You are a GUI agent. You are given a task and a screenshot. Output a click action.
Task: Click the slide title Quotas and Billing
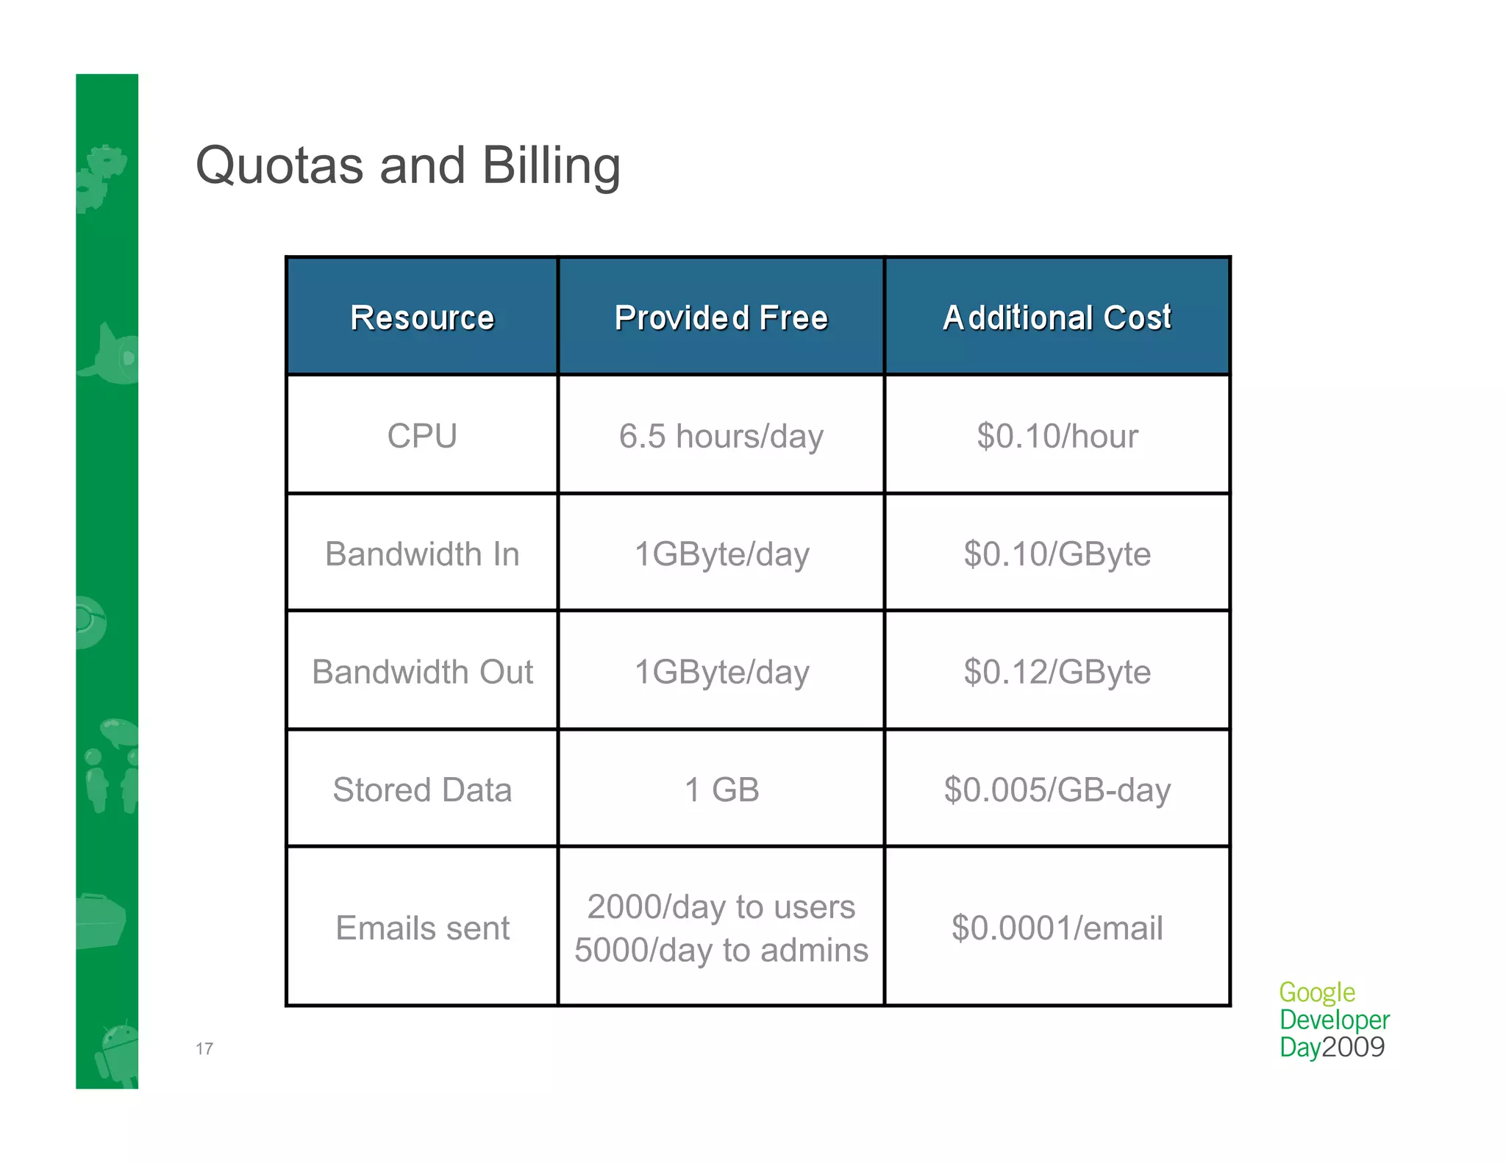(408, 165)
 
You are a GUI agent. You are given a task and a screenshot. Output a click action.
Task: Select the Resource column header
(422, 318)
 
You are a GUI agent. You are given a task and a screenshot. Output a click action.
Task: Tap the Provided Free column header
(721, 318)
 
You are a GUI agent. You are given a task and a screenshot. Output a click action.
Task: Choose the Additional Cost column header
(1057, 318)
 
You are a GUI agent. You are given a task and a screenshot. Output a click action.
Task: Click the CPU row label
(422, 436)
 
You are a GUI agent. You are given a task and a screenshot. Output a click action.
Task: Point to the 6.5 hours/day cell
(721, 436)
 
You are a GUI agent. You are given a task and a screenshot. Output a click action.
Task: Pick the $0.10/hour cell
(1057, 436)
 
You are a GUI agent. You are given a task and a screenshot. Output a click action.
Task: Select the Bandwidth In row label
(422, 554)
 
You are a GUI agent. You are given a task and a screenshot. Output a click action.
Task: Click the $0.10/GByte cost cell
(1057, 554)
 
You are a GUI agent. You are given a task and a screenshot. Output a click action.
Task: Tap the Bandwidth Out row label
(422, 672)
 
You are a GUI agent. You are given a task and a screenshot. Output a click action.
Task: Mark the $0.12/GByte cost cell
(1057, 672)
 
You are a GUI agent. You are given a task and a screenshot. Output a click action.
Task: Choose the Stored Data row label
(422, 790)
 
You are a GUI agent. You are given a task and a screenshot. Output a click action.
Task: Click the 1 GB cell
(721, 790)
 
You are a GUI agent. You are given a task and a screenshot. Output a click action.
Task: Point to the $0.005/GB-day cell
(1057, 790)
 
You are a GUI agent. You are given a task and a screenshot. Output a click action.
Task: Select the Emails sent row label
(422, 928)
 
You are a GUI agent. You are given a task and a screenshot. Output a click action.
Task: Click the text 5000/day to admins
(721, 950)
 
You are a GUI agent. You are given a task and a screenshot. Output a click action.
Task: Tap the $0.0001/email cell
(1057, 928)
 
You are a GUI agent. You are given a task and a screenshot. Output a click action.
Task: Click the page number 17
(204, 1048)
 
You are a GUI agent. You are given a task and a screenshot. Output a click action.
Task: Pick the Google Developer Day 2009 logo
(1333, 1020)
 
